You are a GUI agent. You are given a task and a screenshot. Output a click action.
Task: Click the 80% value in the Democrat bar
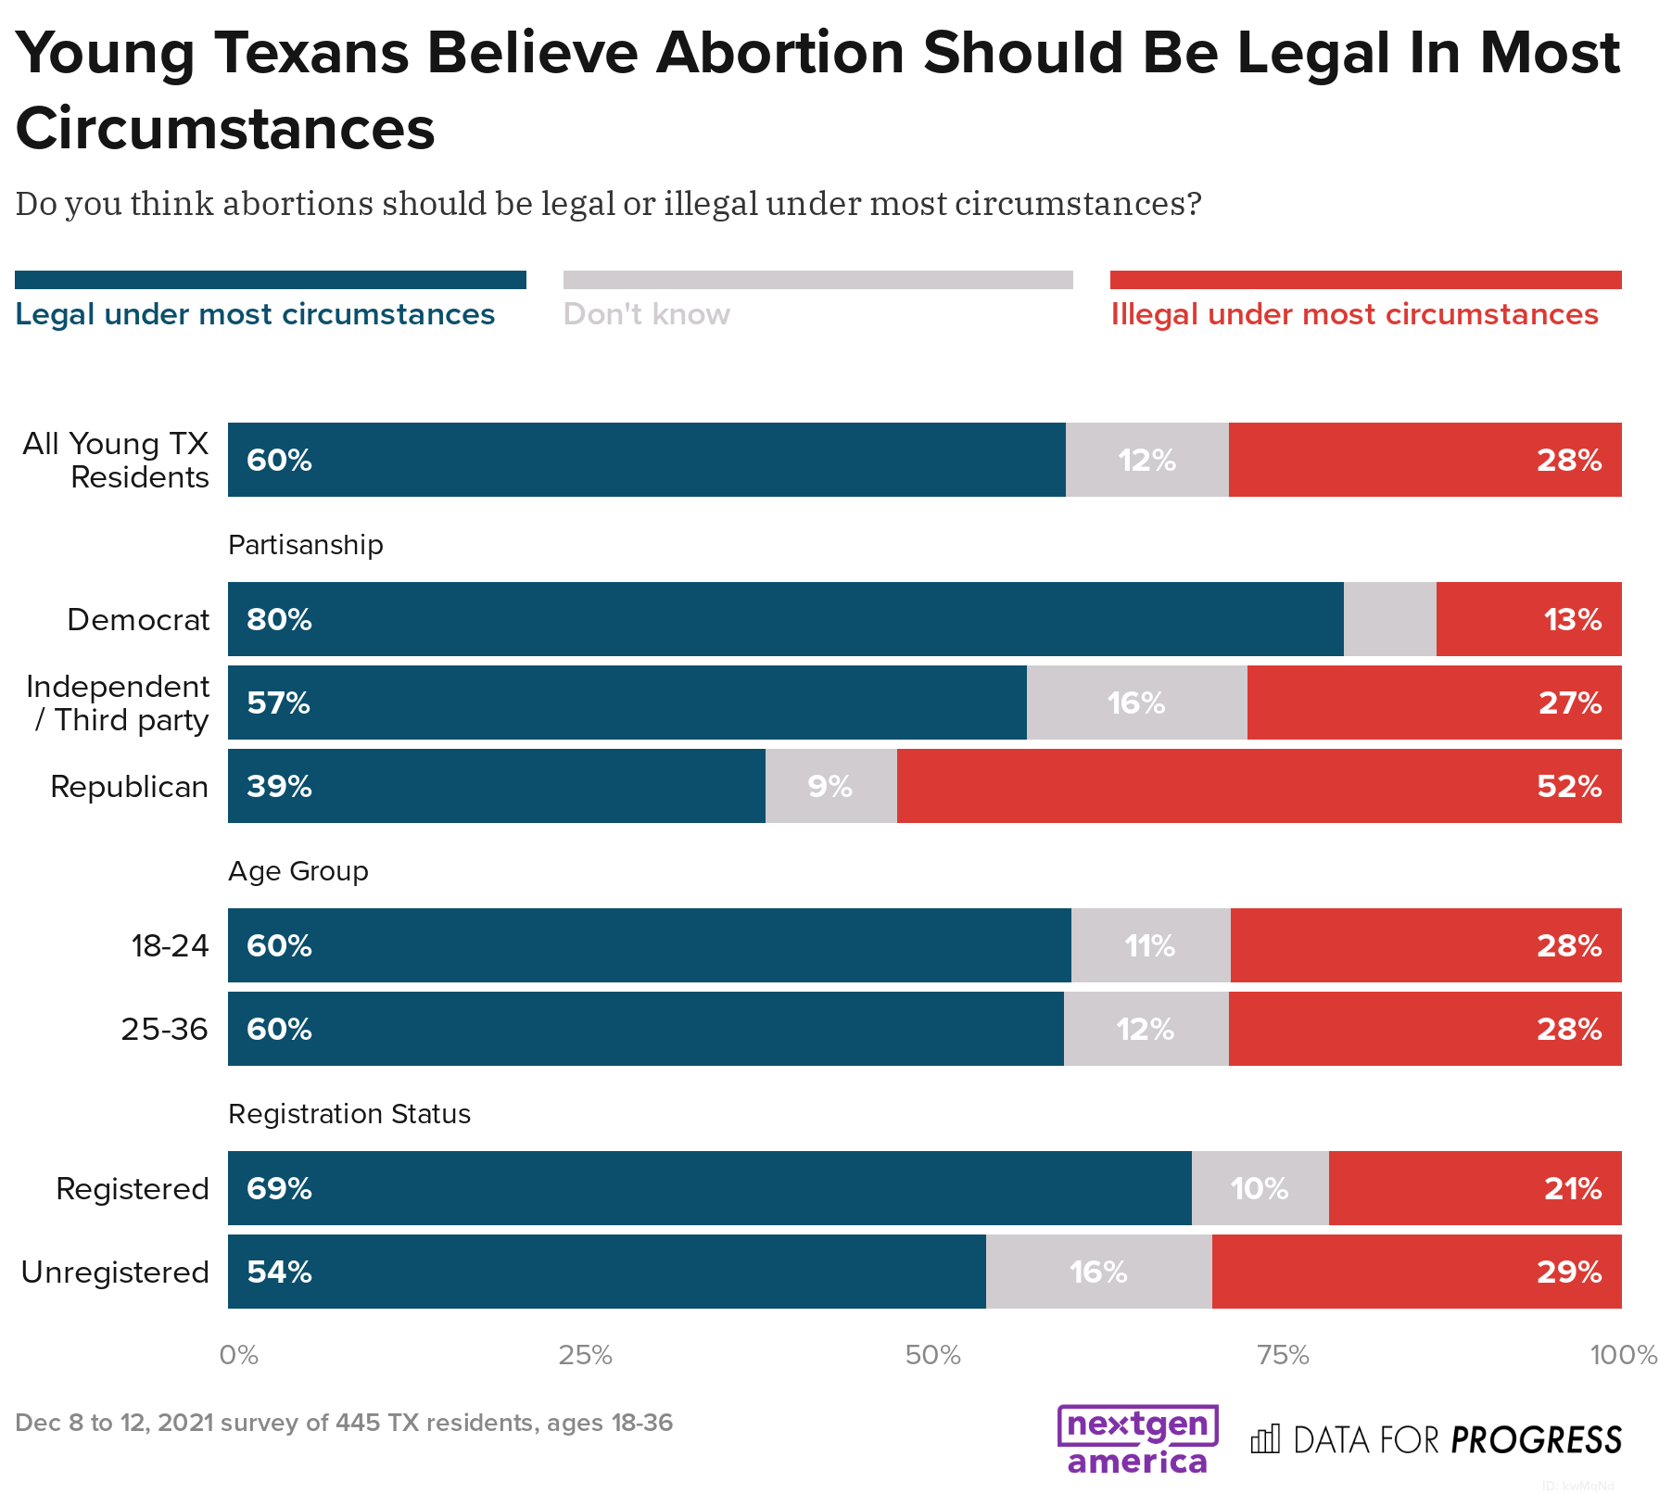pos(279,619)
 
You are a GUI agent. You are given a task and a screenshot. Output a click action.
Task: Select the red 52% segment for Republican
pos(1259,786)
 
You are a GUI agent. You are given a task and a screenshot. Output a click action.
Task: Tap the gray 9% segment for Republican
pos(830,786)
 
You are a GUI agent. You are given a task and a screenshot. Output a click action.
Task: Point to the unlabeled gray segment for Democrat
pos(1389,619)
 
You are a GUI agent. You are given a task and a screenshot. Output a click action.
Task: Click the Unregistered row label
pos(115,1272)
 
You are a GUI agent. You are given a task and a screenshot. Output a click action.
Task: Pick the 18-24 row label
pos(170,945)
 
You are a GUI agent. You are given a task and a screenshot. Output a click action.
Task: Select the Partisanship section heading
pos(305,544)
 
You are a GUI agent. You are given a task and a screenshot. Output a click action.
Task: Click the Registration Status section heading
pos(348,1113)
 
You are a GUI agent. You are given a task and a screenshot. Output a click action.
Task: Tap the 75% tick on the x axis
pos(1283,1355)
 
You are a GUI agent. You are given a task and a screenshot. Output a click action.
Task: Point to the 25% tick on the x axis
pos(585,1355)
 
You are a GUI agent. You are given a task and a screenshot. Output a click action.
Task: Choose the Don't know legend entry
pos(646,314)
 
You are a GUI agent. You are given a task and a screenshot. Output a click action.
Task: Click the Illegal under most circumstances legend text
pos(1354,314)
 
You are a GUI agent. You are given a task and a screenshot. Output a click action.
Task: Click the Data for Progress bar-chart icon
pos(1265,1439)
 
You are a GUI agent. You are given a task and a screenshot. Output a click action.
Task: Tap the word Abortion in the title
pos(779,53)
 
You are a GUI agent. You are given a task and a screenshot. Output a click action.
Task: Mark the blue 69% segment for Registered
pos(709,1188)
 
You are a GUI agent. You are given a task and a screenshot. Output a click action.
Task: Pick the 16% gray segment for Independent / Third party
pos(1136,703)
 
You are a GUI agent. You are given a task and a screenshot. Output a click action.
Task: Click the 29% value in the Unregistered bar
pos(1568,1272)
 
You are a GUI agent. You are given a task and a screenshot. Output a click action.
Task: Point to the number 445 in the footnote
pos(356,1423)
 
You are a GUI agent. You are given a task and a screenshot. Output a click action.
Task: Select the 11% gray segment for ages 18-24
pos(1150,945)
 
